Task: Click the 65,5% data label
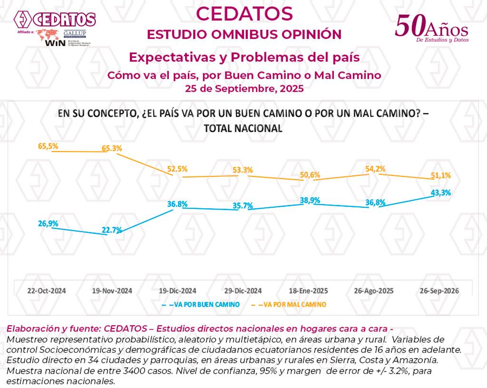[49, 146]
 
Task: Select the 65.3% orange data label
[112, 148]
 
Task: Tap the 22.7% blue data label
[112, 230]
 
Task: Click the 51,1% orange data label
[440, 175]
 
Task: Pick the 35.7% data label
[243, 205]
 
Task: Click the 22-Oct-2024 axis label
[47, 291]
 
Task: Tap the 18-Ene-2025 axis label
[309, 291]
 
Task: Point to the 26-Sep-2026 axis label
[439, 291]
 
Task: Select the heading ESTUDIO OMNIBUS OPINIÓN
[244, 35]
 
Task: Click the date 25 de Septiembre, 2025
[244, 88]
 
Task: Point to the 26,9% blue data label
[49, 223]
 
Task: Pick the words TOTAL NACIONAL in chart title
[243, 128]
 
